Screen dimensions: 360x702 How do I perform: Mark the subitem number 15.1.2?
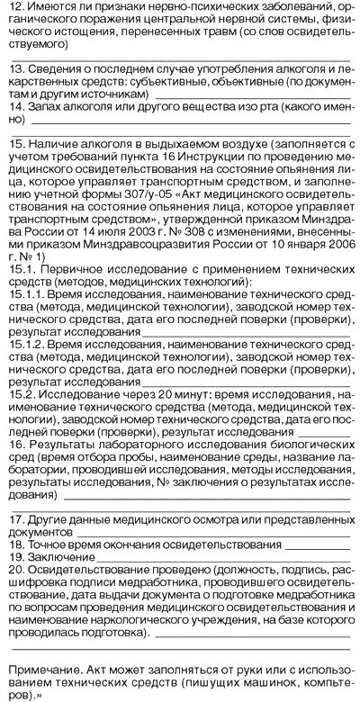(x=22, y=345)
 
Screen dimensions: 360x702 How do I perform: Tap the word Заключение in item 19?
(x=57, y=557)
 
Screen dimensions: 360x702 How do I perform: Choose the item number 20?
(x=14, y=570)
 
